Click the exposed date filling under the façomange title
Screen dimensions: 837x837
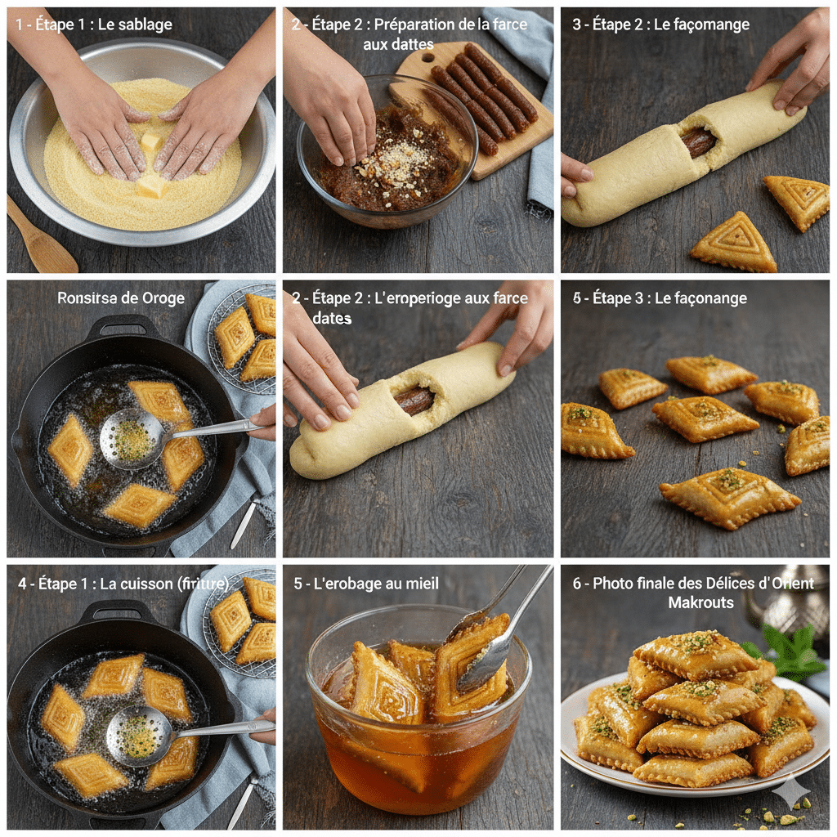click(698, 142)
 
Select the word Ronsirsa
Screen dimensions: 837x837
click(91, 298)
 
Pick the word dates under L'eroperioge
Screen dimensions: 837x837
click(332, 318)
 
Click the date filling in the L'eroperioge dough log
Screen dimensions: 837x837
click(415, 400)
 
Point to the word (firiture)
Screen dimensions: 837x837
click(201, 584)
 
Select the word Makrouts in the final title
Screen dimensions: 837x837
click(700, 602)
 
